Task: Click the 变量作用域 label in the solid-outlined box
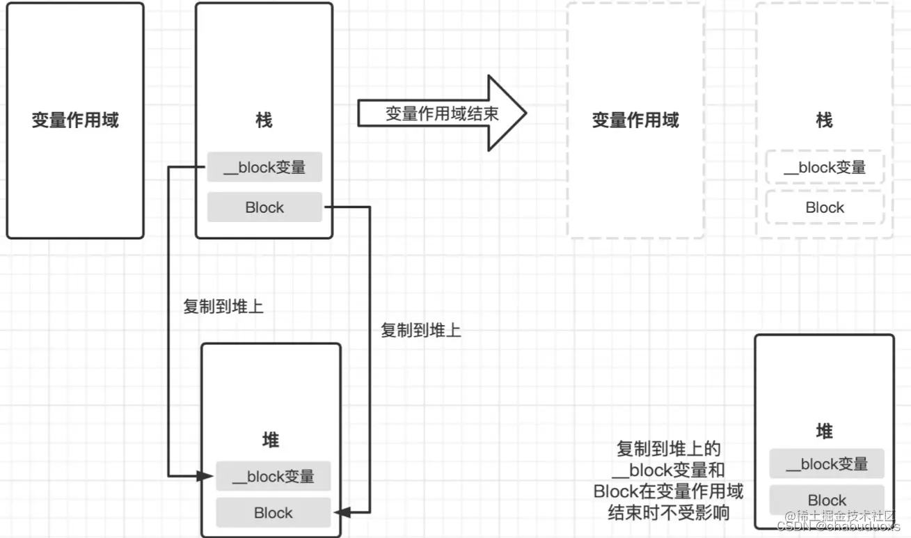(x=75, y=120)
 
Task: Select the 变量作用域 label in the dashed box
(x=635, y=120)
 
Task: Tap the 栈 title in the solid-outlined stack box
(x=264, y=120)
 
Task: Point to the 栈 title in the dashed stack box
(x=824, y=120)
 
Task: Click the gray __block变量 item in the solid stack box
(x=264, y=167)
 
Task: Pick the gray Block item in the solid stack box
(x=264, y=207)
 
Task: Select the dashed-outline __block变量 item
(x=825, y=167)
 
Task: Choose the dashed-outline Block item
(x=825, y=207)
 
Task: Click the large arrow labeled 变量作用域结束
(x=443, y=113)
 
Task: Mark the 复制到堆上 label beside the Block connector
(x=421, y=330)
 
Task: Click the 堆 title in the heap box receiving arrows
(x=271, y=440)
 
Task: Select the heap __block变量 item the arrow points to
(x=273, y=477)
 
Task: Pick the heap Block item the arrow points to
(x=273, y=513)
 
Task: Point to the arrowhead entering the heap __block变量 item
(x=206, y=477)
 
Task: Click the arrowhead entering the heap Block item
(x=342, y=513)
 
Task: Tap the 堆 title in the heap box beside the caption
(x=824, y=432)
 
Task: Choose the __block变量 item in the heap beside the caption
(x=827, y=464)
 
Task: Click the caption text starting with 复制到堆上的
(x=668, y=481)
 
